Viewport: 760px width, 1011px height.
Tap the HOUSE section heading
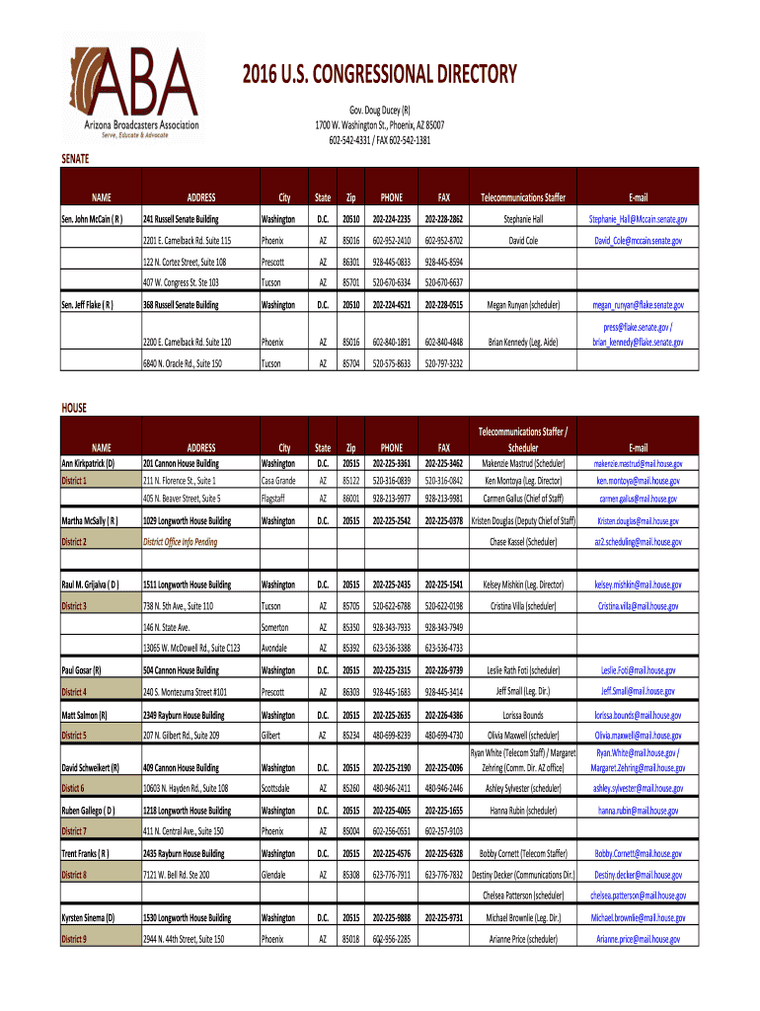(x=74, y=407)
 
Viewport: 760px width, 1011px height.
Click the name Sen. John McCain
(x=92, y=219)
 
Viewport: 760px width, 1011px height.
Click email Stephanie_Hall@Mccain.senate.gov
(x=638, y=219)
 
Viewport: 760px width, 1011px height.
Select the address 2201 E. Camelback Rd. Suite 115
(x=187, y=241)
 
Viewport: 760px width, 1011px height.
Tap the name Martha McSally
(x=91, y=520)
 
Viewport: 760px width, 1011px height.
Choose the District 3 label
(x=74, y=606)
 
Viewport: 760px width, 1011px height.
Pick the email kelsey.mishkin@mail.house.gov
(x=638, y=584)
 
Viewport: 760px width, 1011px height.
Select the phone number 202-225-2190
(x=391, y=767)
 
